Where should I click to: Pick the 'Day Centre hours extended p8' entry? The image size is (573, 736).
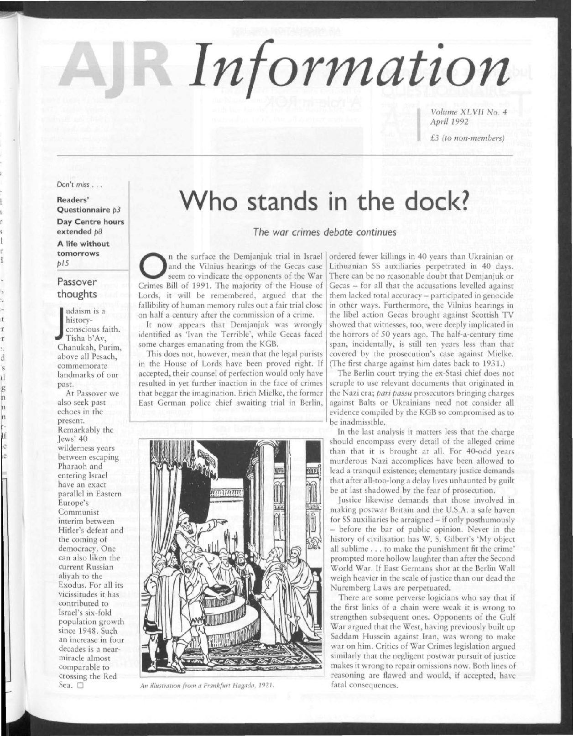[90, 226]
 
